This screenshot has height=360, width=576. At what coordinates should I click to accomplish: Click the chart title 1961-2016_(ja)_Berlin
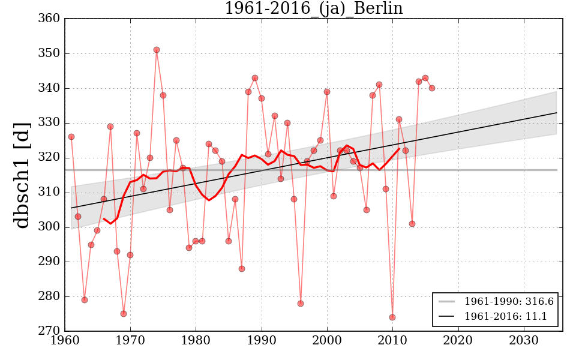(x=313, y=8)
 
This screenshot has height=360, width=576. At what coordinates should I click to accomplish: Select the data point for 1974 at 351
(x=157, y=50)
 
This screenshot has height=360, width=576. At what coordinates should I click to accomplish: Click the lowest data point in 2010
(x=392, y=317)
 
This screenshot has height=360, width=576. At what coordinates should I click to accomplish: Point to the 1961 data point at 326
(x=71, y=137)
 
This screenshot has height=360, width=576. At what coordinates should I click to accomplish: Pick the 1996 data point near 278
(x=301, y=304)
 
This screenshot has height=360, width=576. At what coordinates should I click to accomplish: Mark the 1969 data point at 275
(x=124, y=314)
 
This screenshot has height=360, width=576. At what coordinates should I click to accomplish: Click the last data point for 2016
(x=432, y=88)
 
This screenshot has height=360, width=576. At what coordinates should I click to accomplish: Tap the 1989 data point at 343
(x=255, y=78)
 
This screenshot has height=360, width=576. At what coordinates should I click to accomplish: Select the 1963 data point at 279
(x=85, y=300)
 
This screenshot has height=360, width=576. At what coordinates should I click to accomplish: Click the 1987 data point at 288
(x=242, y=269)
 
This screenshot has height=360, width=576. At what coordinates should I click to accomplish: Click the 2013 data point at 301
(x=412, y=224)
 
